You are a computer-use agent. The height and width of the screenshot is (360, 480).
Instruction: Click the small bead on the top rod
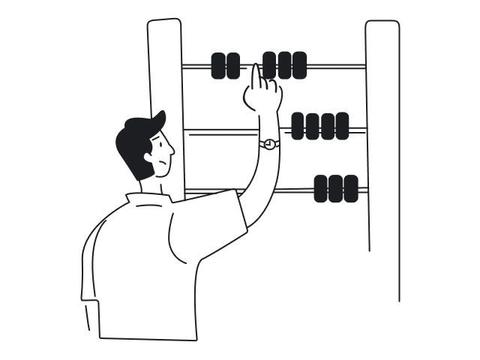click(225, 66)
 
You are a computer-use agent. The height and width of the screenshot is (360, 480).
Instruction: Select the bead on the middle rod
click(319, 126)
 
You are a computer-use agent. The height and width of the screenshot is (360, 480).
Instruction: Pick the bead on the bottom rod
click(336, 189)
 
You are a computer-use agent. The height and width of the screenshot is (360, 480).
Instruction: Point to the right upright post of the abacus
click(382, 150)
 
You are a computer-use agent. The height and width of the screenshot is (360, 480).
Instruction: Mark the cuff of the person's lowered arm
click(91, 315)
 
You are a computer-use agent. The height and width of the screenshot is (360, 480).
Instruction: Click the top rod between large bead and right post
click(337, 66)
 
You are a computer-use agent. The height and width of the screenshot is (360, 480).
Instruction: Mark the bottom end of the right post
click(398, 300)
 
